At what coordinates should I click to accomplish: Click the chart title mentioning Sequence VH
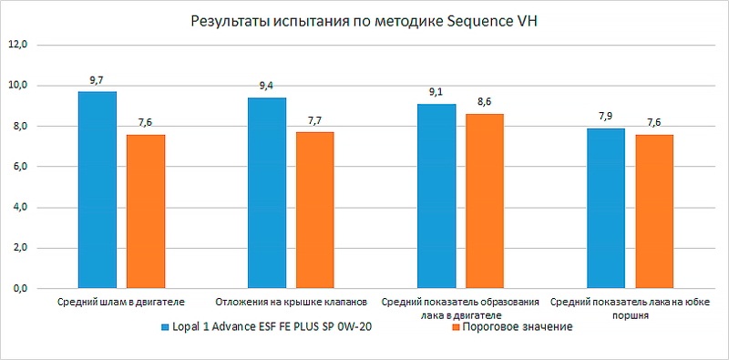(364, 21)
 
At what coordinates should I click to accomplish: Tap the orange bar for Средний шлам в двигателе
(146, 211)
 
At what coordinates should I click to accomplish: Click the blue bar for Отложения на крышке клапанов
(266, 193)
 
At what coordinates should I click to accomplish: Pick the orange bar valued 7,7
(315, 211)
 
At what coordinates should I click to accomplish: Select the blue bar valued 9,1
(436, 196)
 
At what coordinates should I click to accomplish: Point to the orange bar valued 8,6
(485, 201)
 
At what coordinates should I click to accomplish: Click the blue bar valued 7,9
(606, 209)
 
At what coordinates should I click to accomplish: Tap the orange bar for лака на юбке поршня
(654, 211)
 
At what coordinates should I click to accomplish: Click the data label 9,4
(266, 86)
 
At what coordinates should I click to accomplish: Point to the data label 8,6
(485, 102)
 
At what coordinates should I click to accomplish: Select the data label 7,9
(606, 117)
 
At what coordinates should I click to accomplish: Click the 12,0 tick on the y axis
(18, 44)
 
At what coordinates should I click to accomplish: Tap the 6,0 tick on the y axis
(18, 167)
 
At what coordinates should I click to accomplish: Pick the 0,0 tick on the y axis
(18, 289)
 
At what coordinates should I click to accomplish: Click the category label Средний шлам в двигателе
(121, 301)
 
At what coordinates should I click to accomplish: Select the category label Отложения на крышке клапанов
(291, 301)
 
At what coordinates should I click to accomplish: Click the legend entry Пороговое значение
(517, 327)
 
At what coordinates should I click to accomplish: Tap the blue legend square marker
(164, 328)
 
